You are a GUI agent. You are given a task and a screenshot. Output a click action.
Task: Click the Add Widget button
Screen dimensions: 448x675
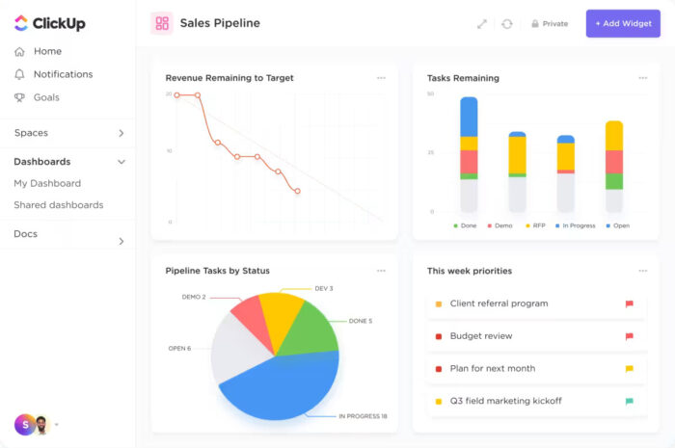tap(623, 23)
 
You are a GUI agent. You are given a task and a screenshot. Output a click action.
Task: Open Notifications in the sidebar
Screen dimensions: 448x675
tap(63, 74)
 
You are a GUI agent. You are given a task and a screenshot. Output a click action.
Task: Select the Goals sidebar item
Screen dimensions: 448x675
tap(46, 97)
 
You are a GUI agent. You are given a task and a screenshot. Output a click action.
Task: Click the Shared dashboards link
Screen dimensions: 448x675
tap(58, 205)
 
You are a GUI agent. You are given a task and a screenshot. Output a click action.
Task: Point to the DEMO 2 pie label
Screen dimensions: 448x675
tap(194, 297)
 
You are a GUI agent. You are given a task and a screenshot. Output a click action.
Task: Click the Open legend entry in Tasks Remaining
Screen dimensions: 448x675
tap(617, 225)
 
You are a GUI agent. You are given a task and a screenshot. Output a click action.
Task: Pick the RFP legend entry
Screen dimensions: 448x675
tap(536, 225)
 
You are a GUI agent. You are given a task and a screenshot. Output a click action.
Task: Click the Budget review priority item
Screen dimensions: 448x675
tap(480, 336)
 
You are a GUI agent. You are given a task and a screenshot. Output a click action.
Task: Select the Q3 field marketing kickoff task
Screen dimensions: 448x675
tap(505, 401)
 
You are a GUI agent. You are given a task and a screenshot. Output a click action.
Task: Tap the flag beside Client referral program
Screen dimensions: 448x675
tap(630, 303)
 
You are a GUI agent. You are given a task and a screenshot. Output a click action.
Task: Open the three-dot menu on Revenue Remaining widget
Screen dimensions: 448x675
tap(381, 78)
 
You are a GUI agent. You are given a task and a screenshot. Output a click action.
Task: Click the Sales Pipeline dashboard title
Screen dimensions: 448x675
tap(220, 23)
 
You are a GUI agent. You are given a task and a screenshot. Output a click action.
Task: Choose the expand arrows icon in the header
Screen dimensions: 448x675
tap(482, 23)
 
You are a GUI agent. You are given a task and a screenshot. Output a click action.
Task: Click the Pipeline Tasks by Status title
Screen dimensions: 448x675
tap(217, 271)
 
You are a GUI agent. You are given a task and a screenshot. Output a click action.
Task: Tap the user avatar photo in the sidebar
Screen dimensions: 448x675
tap(42, 424)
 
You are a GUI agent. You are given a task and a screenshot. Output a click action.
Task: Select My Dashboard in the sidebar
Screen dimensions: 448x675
tap(47, 183)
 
